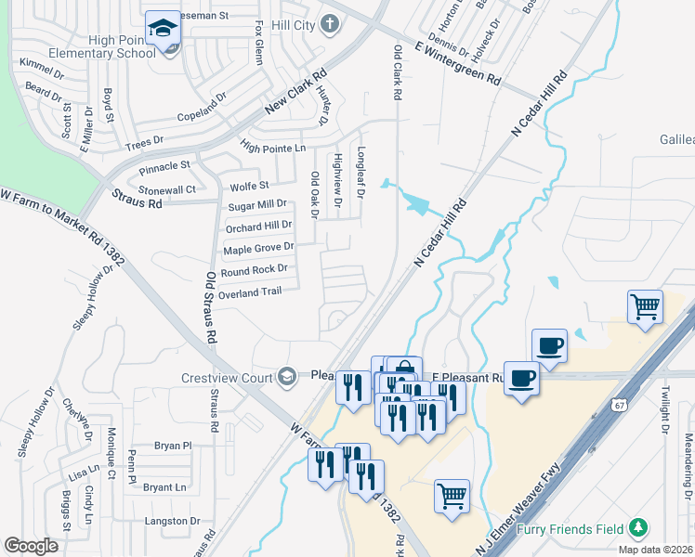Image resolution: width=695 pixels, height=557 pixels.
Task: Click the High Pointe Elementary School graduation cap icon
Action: tap(164, 29)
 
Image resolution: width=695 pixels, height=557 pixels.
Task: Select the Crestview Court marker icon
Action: tap(288, 375)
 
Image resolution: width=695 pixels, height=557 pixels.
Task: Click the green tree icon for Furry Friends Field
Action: tap(637, 528)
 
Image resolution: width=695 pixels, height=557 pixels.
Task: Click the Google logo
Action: tap(32, 545)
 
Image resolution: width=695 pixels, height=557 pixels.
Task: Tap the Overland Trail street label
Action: tap(249, 292)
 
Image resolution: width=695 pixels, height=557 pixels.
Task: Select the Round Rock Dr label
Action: tap(254, 269)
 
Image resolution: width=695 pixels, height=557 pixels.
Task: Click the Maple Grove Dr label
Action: tap(258, 248)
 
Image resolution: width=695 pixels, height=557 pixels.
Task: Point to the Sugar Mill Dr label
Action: tap(257, 204)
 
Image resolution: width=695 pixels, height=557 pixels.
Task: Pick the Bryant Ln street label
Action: tap(164, 486)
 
